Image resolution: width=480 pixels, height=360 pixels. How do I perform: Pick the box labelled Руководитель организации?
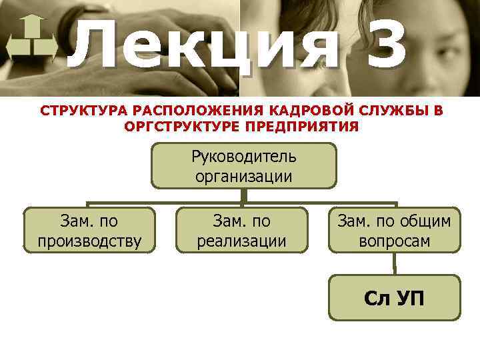coord(244,166)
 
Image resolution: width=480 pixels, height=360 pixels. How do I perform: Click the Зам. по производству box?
coord(89,230)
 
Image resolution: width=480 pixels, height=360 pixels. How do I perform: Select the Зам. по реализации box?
coord(242,230)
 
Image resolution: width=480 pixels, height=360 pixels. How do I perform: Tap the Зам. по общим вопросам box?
coord(395,230)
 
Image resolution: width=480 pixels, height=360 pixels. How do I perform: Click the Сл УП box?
coord(395,297)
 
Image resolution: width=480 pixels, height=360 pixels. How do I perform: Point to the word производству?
coord(89,241)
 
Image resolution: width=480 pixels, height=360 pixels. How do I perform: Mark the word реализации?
coord(242,241)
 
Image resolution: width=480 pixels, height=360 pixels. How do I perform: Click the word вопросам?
coord(395,241)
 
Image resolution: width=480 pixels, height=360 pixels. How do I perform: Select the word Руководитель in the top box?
coord(244,156)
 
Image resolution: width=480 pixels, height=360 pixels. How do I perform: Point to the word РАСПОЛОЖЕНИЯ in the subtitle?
coord(189,111)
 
